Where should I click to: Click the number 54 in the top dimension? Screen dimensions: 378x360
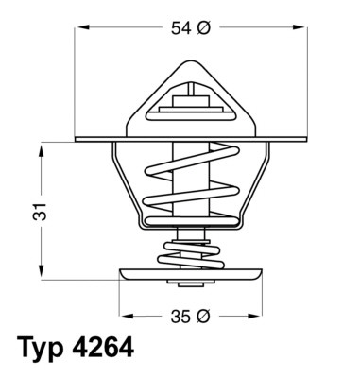click(180, 29)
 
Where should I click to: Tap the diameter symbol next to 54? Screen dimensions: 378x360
click(203, 29)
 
